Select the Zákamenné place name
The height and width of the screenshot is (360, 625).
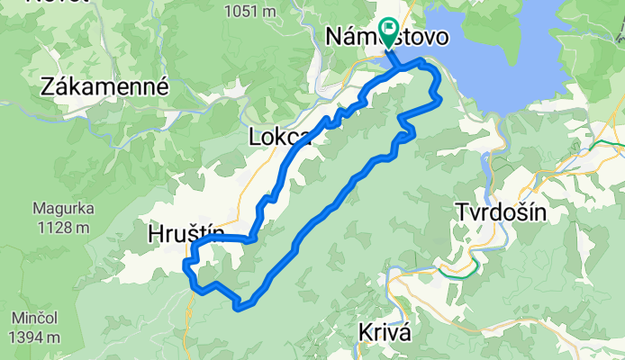[104, 86]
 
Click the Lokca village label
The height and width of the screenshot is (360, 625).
[276, 138]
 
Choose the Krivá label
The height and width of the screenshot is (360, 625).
[385, 330]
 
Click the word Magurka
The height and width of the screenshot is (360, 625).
[65, 208]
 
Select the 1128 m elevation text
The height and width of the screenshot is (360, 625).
[64, 227]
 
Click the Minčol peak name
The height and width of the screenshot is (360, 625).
[35, 319]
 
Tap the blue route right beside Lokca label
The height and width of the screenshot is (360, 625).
[306, 136]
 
